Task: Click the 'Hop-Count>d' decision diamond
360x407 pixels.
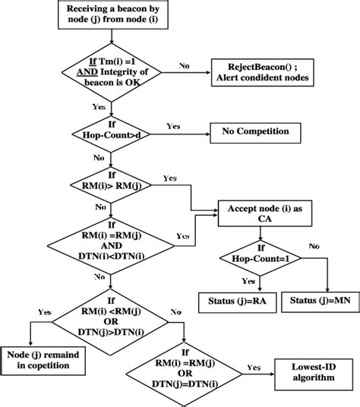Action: pyautogui.click(x=112, y=131)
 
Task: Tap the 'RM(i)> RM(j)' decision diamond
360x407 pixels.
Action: pyautogui.click(x=112, y=185)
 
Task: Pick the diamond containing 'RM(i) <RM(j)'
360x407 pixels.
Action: pyautogui.click(x=112, y=313)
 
